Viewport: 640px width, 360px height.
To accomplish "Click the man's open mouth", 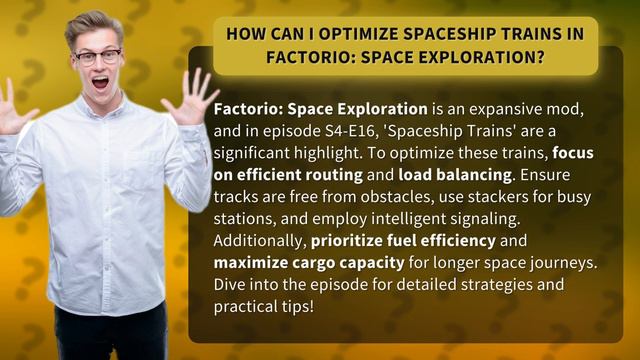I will (99, 83).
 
